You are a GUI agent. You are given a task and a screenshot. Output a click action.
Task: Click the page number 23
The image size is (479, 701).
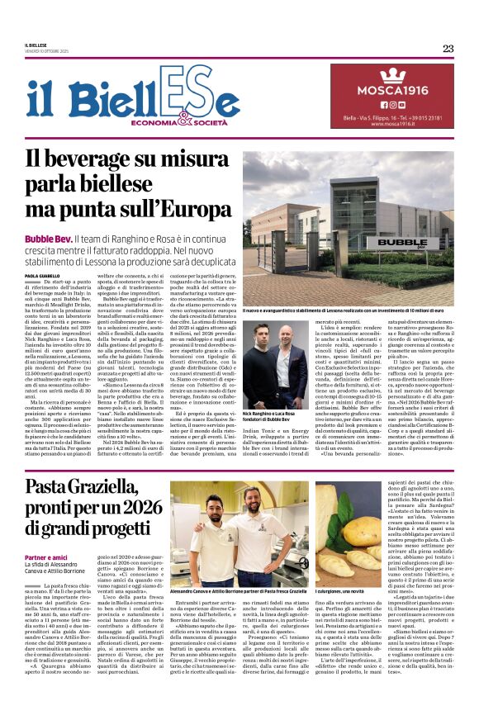[448, 48]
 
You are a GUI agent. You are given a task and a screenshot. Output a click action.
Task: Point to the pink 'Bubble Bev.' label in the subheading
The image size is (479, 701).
[47, 238]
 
